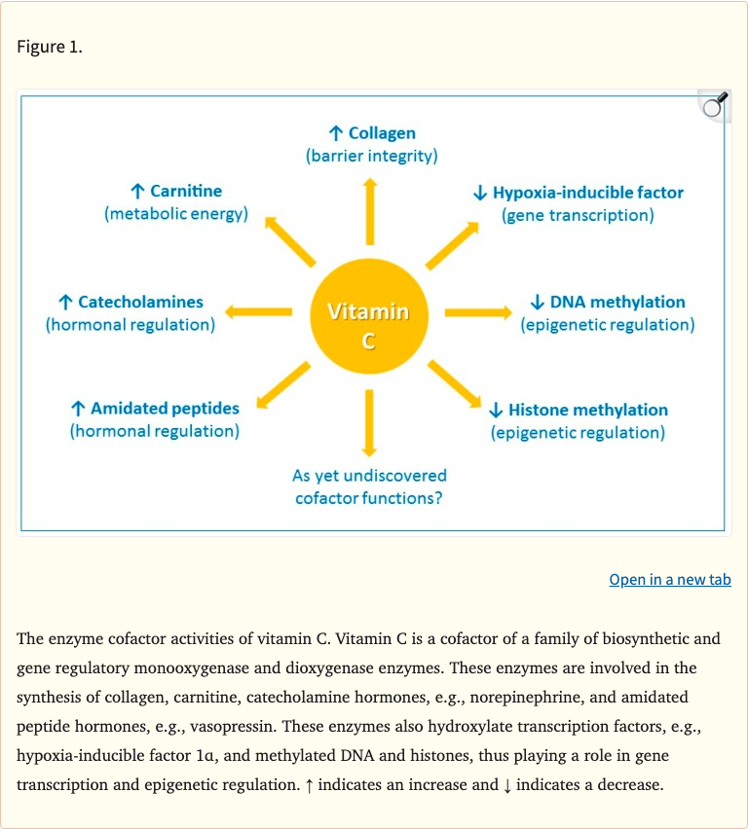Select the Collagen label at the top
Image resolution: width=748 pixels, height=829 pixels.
(381, 133)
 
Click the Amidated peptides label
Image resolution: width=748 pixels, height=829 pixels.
(164, 409)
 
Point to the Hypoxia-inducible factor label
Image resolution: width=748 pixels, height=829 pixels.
(587, 193)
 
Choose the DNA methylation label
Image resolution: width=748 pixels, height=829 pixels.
(617, 303)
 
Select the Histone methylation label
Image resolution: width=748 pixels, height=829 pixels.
(587, 410)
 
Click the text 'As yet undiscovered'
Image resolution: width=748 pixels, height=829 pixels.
(370, 476)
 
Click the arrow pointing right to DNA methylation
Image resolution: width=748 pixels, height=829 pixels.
(477, 312)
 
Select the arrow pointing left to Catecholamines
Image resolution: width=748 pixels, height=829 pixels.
(259, 312)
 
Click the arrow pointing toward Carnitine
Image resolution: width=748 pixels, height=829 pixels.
(290, 239)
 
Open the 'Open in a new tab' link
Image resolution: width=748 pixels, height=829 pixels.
(670, 580)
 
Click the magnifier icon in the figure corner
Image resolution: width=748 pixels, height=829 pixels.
(715, 105)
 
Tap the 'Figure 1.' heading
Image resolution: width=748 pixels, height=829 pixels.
(50, 47)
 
